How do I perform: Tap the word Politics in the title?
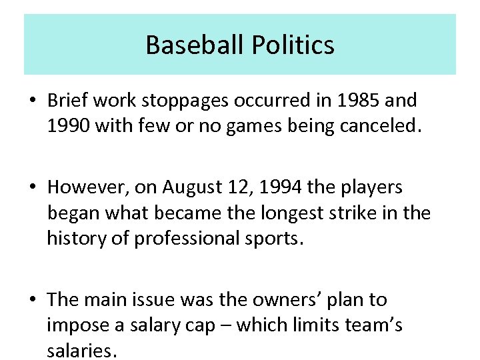pyautogui.click(x=293, y=45)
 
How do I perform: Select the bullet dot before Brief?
pyautogui.click(x=33, y=101)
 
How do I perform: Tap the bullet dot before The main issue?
pyautogui.click(x=33, y=301)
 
